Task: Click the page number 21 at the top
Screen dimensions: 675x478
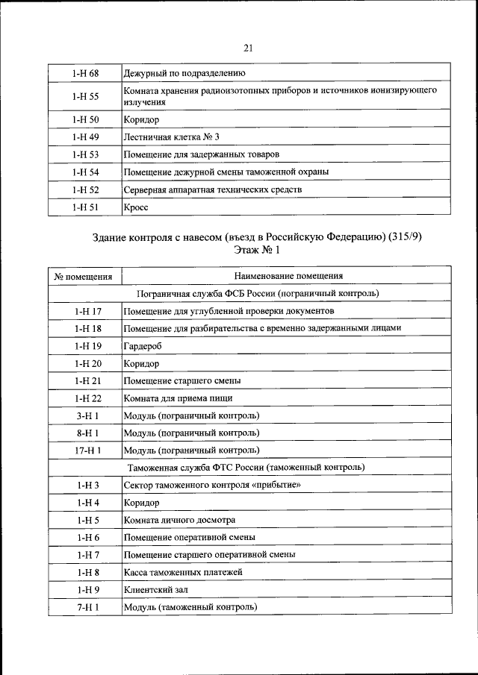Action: click(248, 48)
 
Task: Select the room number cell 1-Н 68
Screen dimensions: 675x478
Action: click(86, 73)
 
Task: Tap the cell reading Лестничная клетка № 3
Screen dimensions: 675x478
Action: click(172, 136)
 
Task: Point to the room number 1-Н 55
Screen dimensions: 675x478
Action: click(86, 95)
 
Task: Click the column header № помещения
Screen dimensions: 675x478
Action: click(84, 276)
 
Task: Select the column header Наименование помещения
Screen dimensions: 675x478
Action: click(286, 276)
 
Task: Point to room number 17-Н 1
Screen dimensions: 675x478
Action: click(87, 450)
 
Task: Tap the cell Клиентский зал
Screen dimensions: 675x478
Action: click(154, 590)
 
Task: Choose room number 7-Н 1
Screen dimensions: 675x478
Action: click(87, 607)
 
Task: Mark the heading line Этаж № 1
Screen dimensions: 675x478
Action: click(249, 251)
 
